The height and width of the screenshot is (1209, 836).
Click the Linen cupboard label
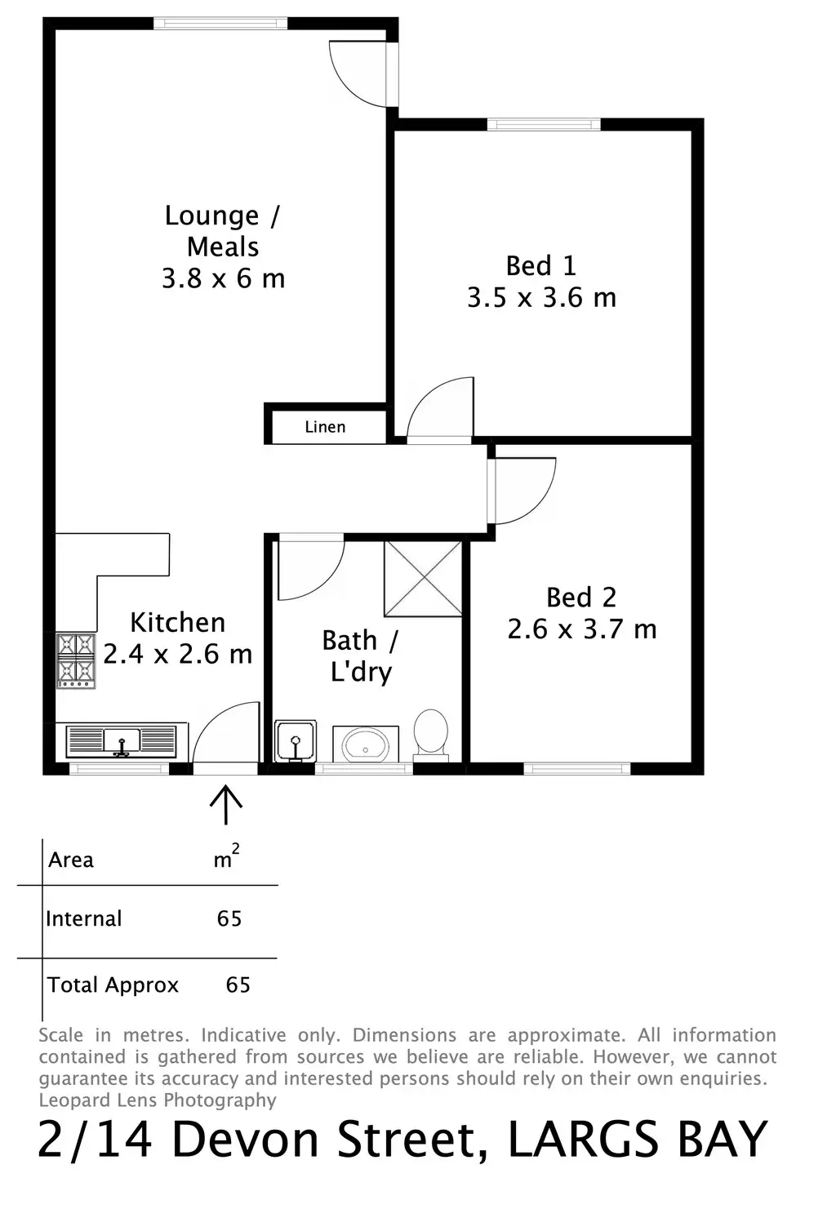325,427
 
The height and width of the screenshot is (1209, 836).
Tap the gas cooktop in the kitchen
75,660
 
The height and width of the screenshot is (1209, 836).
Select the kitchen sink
122,741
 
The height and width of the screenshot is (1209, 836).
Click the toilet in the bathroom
430,732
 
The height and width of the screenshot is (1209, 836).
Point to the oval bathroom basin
365,744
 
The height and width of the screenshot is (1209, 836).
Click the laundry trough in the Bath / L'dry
295,740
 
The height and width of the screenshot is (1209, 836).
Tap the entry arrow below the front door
225,804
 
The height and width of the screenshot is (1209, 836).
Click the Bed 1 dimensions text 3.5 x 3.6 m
541,297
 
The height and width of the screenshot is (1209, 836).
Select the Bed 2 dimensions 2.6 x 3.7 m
581,629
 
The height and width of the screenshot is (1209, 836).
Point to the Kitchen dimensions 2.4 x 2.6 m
177,654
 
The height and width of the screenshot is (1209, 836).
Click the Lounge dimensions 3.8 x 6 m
223,279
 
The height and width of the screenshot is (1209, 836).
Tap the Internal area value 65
229,918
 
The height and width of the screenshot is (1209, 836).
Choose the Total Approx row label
113,985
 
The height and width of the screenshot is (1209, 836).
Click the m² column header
225,858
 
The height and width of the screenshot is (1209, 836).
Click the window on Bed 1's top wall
544,124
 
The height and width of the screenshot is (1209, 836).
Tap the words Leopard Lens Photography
158,1100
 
